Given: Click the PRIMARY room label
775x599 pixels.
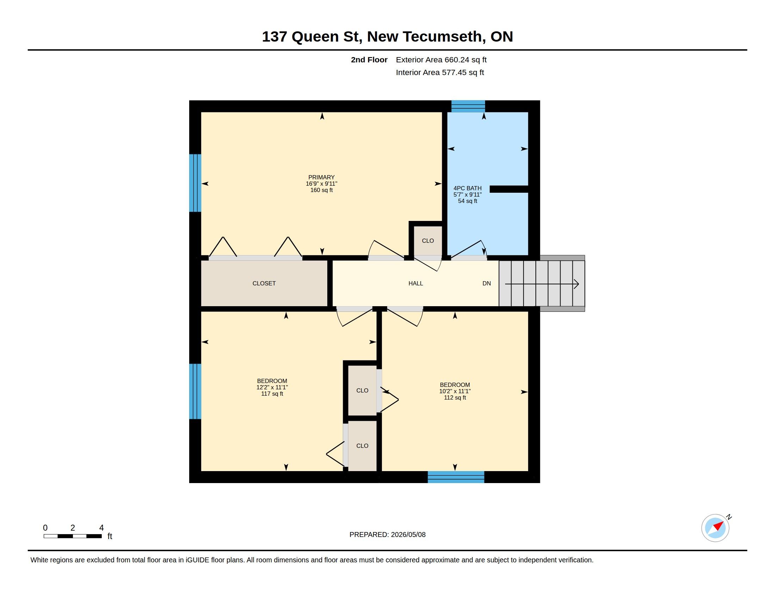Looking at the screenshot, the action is click(x=321, y=177).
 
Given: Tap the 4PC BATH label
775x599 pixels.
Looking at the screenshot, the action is click(x=467, y=188).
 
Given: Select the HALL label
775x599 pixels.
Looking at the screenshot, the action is click(x=416, y=283).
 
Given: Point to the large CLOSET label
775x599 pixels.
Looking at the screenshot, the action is click(x=264, y=283).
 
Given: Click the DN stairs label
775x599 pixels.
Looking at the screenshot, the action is click(x=486, y=283).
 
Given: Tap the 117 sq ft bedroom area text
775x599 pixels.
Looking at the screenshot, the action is click(x=272, y=394).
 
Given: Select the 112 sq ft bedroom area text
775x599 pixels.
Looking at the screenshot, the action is click(x=455, y=397).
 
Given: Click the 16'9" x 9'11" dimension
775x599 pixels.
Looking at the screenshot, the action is click(x=322, y=184).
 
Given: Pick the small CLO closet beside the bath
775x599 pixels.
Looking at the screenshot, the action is click(x=428, y=241).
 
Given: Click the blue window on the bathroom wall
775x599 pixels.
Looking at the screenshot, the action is click(x=468, y=106).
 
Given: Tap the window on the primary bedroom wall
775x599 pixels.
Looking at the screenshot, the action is click(x=195, y=183).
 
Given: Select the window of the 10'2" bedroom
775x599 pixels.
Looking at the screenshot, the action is click(x=456, y=477).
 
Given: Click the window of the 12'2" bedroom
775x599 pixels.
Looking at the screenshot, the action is click(x=195, y=391).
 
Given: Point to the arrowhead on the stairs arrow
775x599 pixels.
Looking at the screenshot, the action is click(x=577, y=284).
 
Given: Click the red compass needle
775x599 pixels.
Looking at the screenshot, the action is click(x=719, y=526).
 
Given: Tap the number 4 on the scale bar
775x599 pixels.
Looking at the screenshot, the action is click(x=101, y=528).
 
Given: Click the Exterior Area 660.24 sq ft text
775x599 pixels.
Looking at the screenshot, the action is click(x=441, y=60).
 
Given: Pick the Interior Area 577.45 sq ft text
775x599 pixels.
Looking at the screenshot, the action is click(x=440, y=72).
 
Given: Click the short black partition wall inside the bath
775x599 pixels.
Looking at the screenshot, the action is click(x=509, y=189).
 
